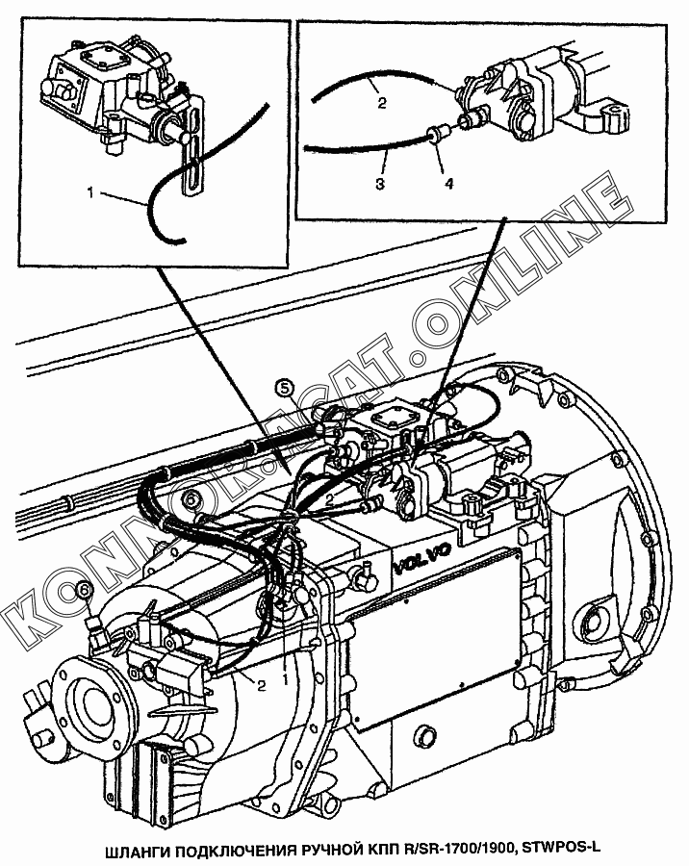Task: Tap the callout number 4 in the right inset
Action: (448, 184)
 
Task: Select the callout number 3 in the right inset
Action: (380, 184)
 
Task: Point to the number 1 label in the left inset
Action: (90, 193)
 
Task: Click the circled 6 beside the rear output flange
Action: (84, 589)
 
